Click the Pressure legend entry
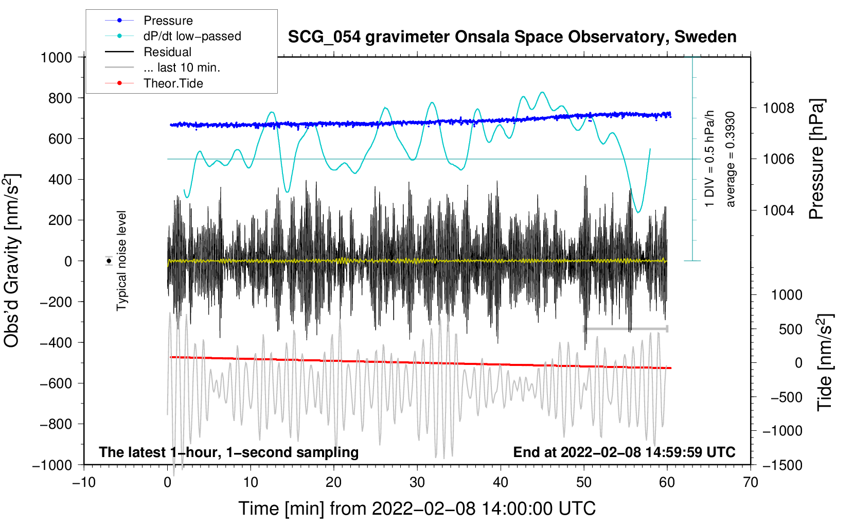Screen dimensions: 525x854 tap(168, 21)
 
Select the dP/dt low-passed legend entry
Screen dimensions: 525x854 tap(192, 36)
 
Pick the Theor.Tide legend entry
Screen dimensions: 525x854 tap(173, 83)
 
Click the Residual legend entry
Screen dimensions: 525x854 tap(167, 52)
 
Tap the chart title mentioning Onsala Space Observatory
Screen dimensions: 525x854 tap(512, 37)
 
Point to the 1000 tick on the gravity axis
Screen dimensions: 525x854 tap(56, 57)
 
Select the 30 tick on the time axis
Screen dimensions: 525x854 tap(417, 482)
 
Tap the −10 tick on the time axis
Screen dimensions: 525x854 tap(84, 482)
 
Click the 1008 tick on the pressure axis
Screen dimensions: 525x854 tap(778, 108)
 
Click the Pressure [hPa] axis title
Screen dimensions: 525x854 tap(816, 159)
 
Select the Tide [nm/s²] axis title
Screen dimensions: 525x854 tap(824, 362)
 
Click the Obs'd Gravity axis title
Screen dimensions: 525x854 tap(12, 260)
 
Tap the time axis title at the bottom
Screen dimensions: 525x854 tap(417, 509)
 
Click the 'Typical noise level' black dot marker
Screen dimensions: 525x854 tap(109, 261)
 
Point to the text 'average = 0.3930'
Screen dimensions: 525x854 tap(731, 159)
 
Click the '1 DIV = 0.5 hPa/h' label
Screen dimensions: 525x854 tap(710, 159)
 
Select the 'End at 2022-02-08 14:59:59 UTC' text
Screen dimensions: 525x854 tap(624, 452)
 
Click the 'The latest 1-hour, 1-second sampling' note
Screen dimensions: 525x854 tap(228, 452)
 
